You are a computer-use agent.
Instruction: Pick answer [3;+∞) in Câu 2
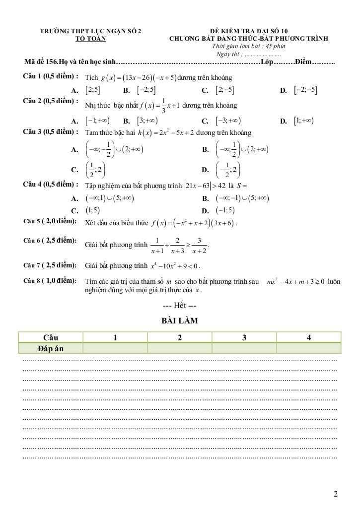147,121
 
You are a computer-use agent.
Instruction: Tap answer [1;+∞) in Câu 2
303,121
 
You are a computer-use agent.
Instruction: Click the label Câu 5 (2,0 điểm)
50,221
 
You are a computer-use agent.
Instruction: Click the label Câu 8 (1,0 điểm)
50,281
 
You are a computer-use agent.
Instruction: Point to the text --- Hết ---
180,304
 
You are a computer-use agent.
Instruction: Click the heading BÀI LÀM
180,321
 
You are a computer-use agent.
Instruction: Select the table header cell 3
244,338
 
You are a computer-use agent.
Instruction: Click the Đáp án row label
51,348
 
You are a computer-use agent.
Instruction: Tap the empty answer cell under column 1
115,348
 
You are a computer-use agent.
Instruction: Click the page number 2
336,494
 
